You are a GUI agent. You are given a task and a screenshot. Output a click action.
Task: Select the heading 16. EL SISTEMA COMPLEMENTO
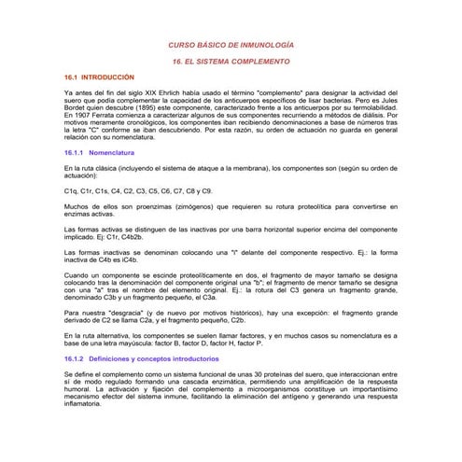[230, 60]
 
